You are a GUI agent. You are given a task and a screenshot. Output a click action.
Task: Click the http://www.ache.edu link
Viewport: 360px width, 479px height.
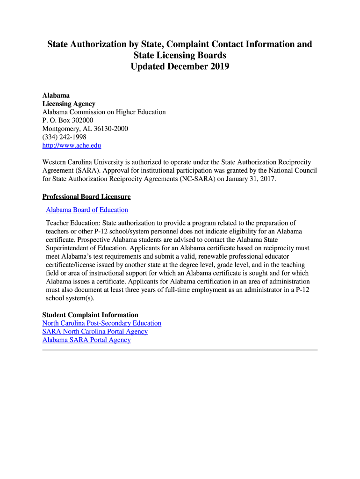click(x=72, y=145)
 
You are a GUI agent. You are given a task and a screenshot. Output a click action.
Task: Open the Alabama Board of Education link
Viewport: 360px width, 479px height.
click(x=87, y=210)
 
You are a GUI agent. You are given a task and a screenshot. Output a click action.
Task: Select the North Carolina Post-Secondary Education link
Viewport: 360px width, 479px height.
click(x=101, y=323)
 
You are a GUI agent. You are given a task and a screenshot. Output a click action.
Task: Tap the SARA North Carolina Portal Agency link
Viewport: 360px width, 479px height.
click(x=95, y=332)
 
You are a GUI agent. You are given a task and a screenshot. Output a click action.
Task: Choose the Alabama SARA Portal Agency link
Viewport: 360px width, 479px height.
click(x=86, y=340)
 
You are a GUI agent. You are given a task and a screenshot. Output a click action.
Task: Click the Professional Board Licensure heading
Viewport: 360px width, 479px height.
click(x=86, y=197)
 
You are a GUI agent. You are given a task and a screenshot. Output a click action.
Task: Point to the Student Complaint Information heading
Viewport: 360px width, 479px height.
click(x=90, y=315)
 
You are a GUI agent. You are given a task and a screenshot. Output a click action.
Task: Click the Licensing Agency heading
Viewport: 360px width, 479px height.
click(x=69, y=103)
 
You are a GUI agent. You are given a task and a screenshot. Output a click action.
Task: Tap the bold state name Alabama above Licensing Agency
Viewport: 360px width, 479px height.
click(x=56, y=95)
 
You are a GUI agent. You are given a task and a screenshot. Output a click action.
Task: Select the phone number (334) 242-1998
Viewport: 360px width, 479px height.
click(x=64, y=137)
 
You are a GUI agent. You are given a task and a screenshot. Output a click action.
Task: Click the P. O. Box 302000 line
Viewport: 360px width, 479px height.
click(x=68, y=120)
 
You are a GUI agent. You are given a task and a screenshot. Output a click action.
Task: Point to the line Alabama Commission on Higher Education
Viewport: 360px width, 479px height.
click(x=104, y=112)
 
